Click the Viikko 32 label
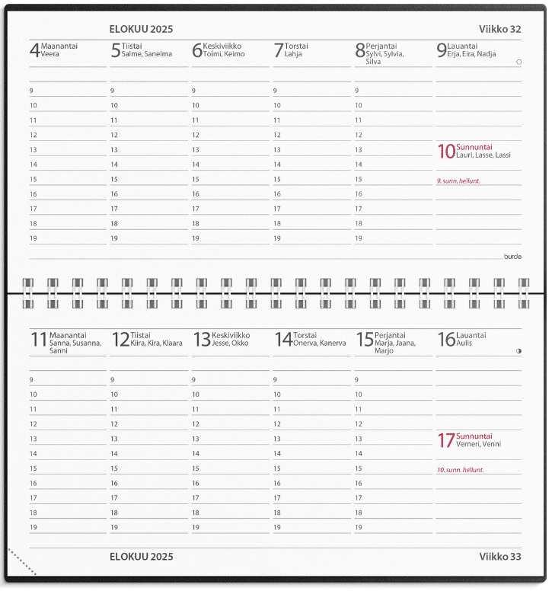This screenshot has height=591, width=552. (499, 29)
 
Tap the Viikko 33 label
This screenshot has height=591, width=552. (499, 557)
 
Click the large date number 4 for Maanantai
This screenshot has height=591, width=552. (34, 51)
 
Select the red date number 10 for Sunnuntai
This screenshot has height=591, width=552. (445, 152)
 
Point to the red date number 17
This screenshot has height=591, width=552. (445, 440)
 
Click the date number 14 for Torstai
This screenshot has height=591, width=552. (282, 340)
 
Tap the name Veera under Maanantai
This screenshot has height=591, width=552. (50, 55)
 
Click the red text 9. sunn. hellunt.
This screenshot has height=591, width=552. (458, 181)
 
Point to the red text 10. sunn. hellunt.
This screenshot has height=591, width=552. (460, 470)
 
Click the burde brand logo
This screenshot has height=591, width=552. (512, 256)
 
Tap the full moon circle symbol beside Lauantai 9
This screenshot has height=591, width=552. (518, 62)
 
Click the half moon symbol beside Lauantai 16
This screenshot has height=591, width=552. (518, 351)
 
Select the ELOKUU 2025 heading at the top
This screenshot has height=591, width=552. (141, 29)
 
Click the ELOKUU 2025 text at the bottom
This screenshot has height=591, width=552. (141, 557)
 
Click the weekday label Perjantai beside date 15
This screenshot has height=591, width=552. (390, 335)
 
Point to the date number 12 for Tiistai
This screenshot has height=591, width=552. (120, 340)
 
